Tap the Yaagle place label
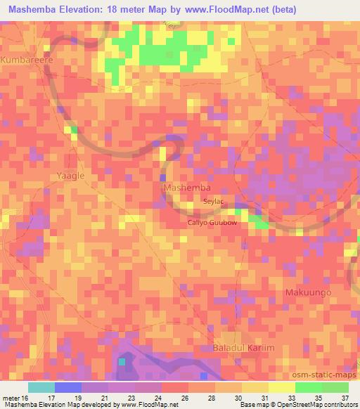tap(70, 176)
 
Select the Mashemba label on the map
tap(186, 189)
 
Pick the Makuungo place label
tap(307, 292)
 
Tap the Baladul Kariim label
tap(242, 349)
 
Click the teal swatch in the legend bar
tap(41, 387)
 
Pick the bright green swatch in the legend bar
tap(308, 387)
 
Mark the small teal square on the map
tap(122, 361)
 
